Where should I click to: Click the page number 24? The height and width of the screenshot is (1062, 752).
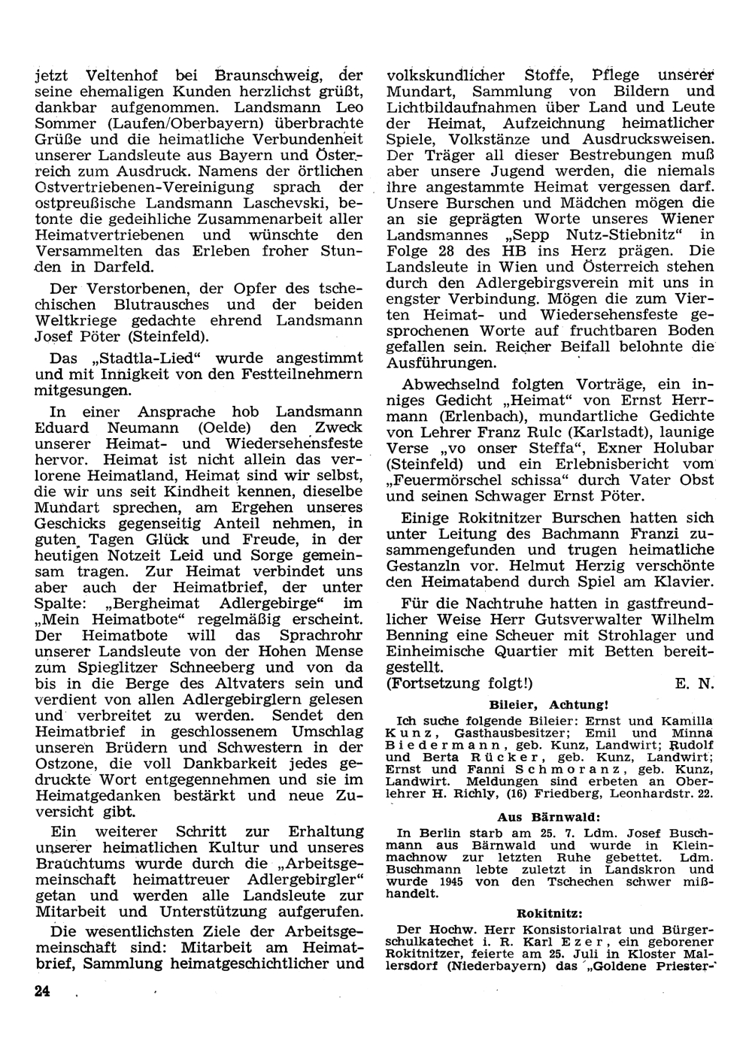41,991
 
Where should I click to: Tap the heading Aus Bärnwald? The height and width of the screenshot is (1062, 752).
548,817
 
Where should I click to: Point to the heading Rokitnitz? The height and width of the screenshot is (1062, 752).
549,913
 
